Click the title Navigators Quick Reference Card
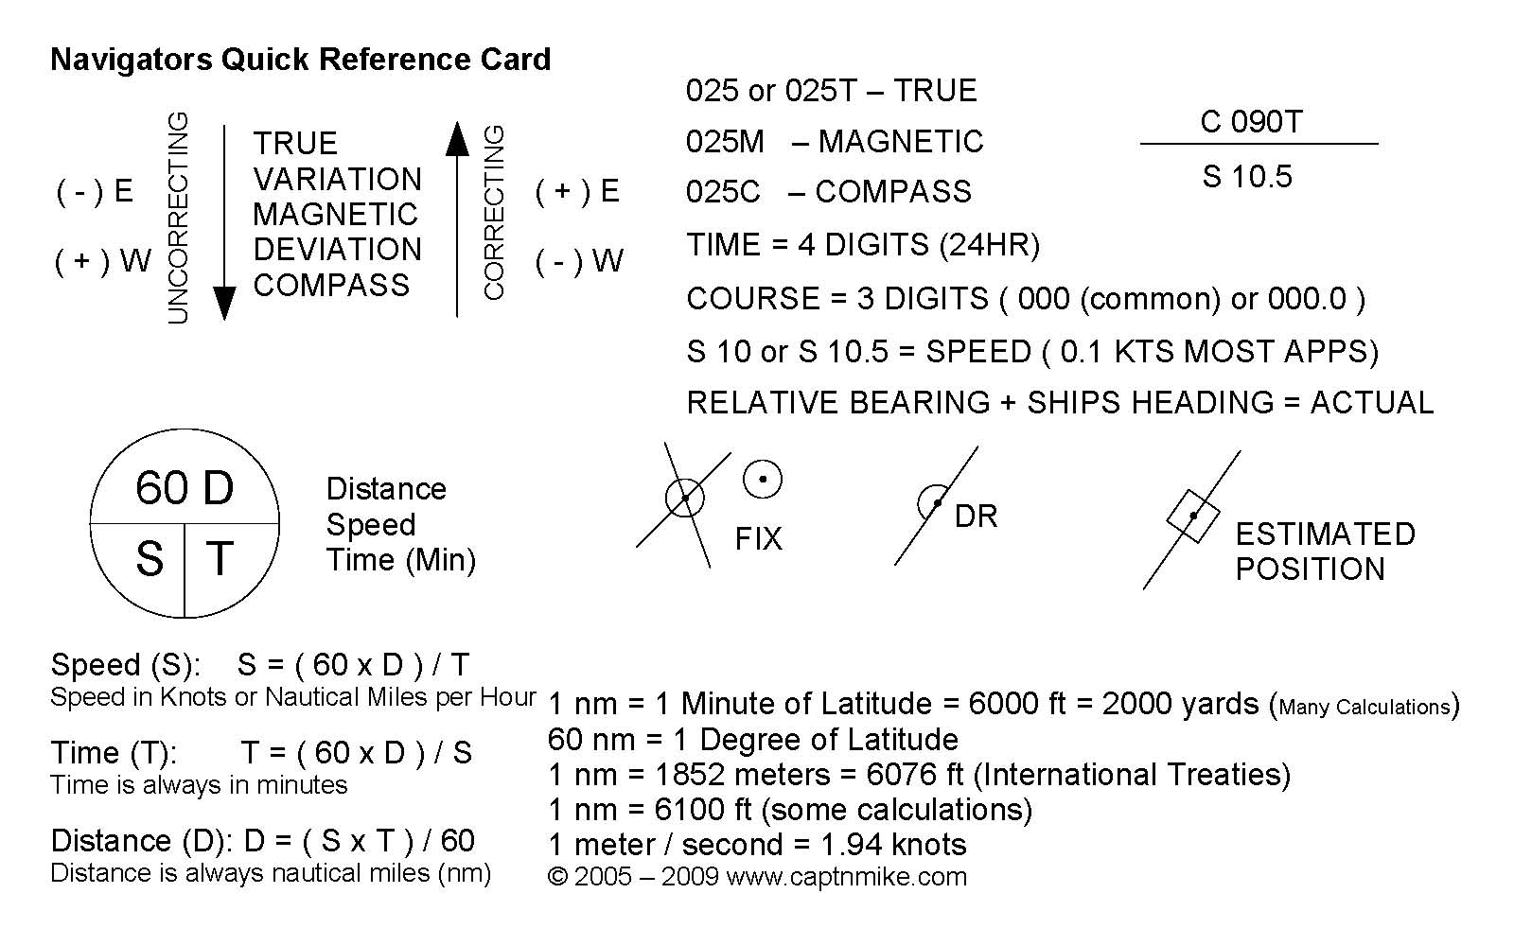click(x=300, y=60)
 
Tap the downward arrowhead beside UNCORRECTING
click(x=223, y=303)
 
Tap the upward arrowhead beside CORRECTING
click(x=457, y=139)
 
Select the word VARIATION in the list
click(x=337, y=179)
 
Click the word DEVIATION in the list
click(x=337, y=250)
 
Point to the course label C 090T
click(x=1251, y=122)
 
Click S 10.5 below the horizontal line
click(x=1247, y=177)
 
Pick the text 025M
click(x=725, y=142)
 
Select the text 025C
click(x=723, y=192)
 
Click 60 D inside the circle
click(x=185, y=488)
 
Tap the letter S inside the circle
click(x=150, y=559)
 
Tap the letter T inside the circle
click(x=220, y=558)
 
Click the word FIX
click(x=758, y=539)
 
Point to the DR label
click(x=976, y=517)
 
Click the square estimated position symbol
click(x=1192, y=516)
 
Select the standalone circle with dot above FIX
click(x=763, y=480)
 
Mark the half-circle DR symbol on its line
click(x=933, y=501)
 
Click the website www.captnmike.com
click(x=846, y=877)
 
